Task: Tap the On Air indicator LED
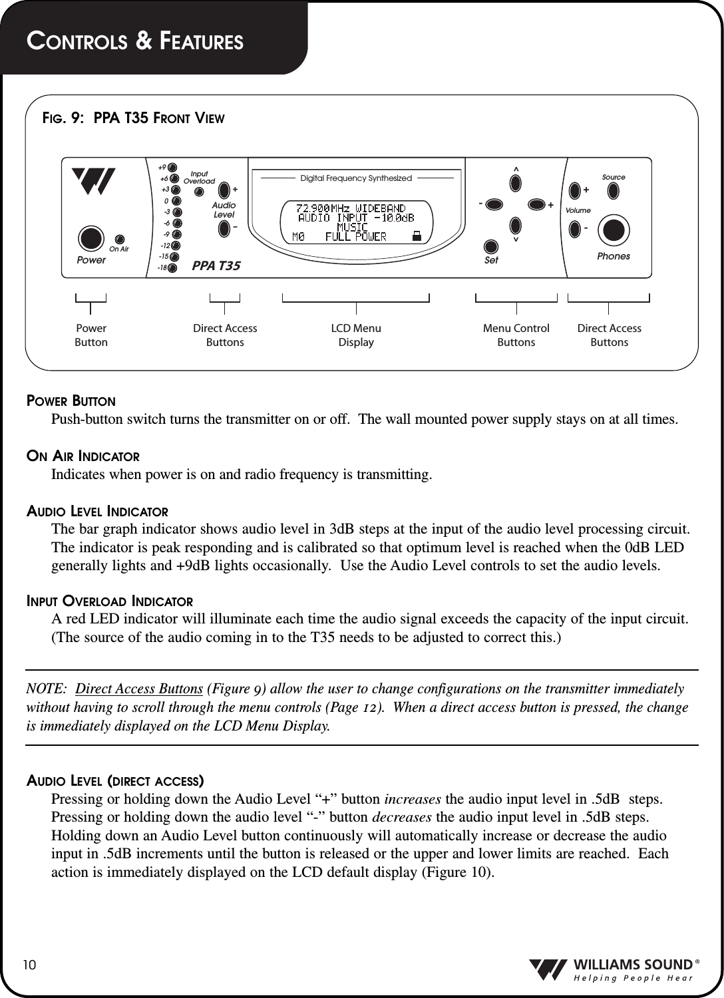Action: [x=120, y=239]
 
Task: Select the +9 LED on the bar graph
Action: [x=172, y=167]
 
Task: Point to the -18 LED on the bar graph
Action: [x=172, y=269]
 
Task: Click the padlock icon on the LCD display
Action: [x=417, y=236]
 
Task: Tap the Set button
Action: [x=491, y=246]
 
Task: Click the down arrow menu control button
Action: [x=516, y=224]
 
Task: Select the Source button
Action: [x=613, y=191]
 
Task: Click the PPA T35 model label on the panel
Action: [x=216, y=266]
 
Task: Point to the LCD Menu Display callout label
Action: [x=356, y=335]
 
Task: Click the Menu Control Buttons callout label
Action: [x=516, y=335]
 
